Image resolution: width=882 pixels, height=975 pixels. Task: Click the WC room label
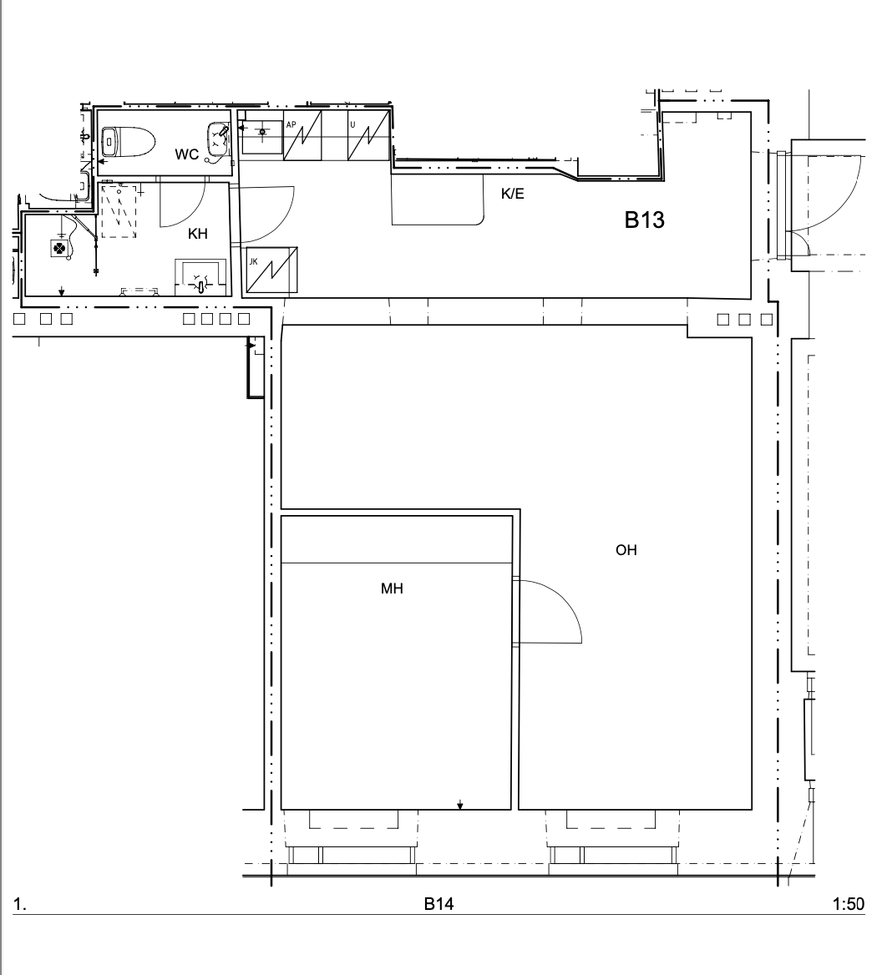(186, 154)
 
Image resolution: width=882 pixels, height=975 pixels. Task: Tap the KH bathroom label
(198, 234)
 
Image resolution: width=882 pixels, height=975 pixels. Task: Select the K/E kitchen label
(513, 194)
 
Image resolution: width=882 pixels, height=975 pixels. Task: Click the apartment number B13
(645, 220)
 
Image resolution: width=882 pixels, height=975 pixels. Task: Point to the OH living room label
(626, 549)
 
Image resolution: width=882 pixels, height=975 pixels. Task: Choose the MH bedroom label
(392, 589)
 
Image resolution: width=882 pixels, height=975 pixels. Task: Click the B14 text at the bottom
(438, 903)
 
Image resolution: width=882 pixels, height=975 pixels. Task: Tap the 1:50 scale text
(849, 903)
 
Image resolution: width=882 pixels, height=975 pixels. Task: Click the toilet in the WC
(128, 143)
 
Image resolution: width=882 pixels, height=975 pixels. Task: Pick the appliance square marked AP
(303, 135)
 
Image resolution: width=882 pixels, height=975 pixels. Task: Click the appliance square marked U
(368, 135)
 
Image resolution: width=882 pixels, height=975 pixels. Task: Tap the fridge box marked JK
(271, 270)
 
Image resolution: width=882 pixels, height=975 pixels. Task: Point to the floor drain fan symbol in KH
(59, 248)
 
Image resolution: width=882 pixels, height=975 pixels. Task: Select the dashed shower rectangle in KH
(119, 210)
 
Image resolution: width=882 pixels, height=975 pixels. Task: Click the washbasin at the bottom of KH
(199, 277)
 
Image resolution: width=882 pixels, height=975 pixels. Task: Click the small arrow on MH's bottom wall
(460, 805)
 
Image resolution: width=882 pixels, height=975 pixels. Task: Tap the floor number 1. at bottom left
(20, 904)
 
